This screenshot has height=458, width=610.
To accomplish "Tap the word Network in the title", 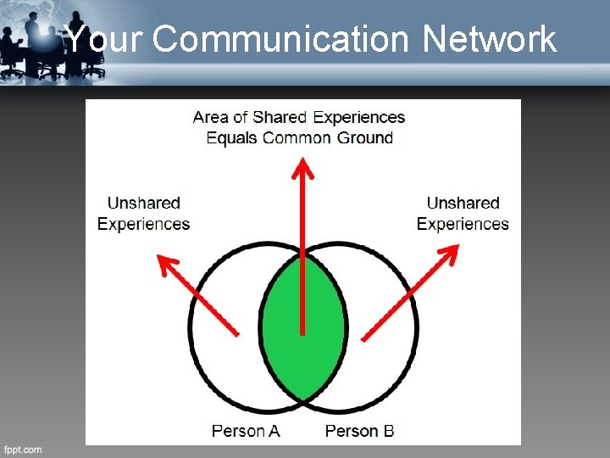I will tap(489, 38).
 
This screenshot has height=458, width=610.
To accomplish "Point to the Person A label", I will tap(246, 431).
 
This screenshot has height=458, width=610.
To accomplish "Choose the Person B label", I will tap(359, 431).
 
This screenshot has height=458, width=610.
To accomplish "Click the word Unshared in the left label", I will tap(143, 203).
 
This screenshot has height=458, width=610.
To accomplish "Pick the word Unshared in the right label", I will tap(463, 203).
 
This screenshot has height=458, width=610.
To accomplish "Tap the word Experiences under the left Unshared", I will tap(143, 224).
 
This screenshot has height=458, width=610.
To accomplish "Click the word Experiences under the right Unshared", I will tap(463, 224).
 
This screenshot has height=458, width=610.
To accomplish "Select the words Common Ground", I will tap(328, 137).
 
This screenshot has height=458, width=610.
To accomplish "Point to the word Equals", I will tap(232, 137).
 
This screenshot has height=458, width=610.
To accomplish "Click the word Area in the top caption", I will tap(210, 117).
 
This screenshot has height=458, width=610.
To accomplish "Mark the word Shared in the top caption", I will tap(280, 117).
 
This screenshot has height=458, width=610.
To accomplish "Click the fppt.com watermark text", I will tap(22, 450).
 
